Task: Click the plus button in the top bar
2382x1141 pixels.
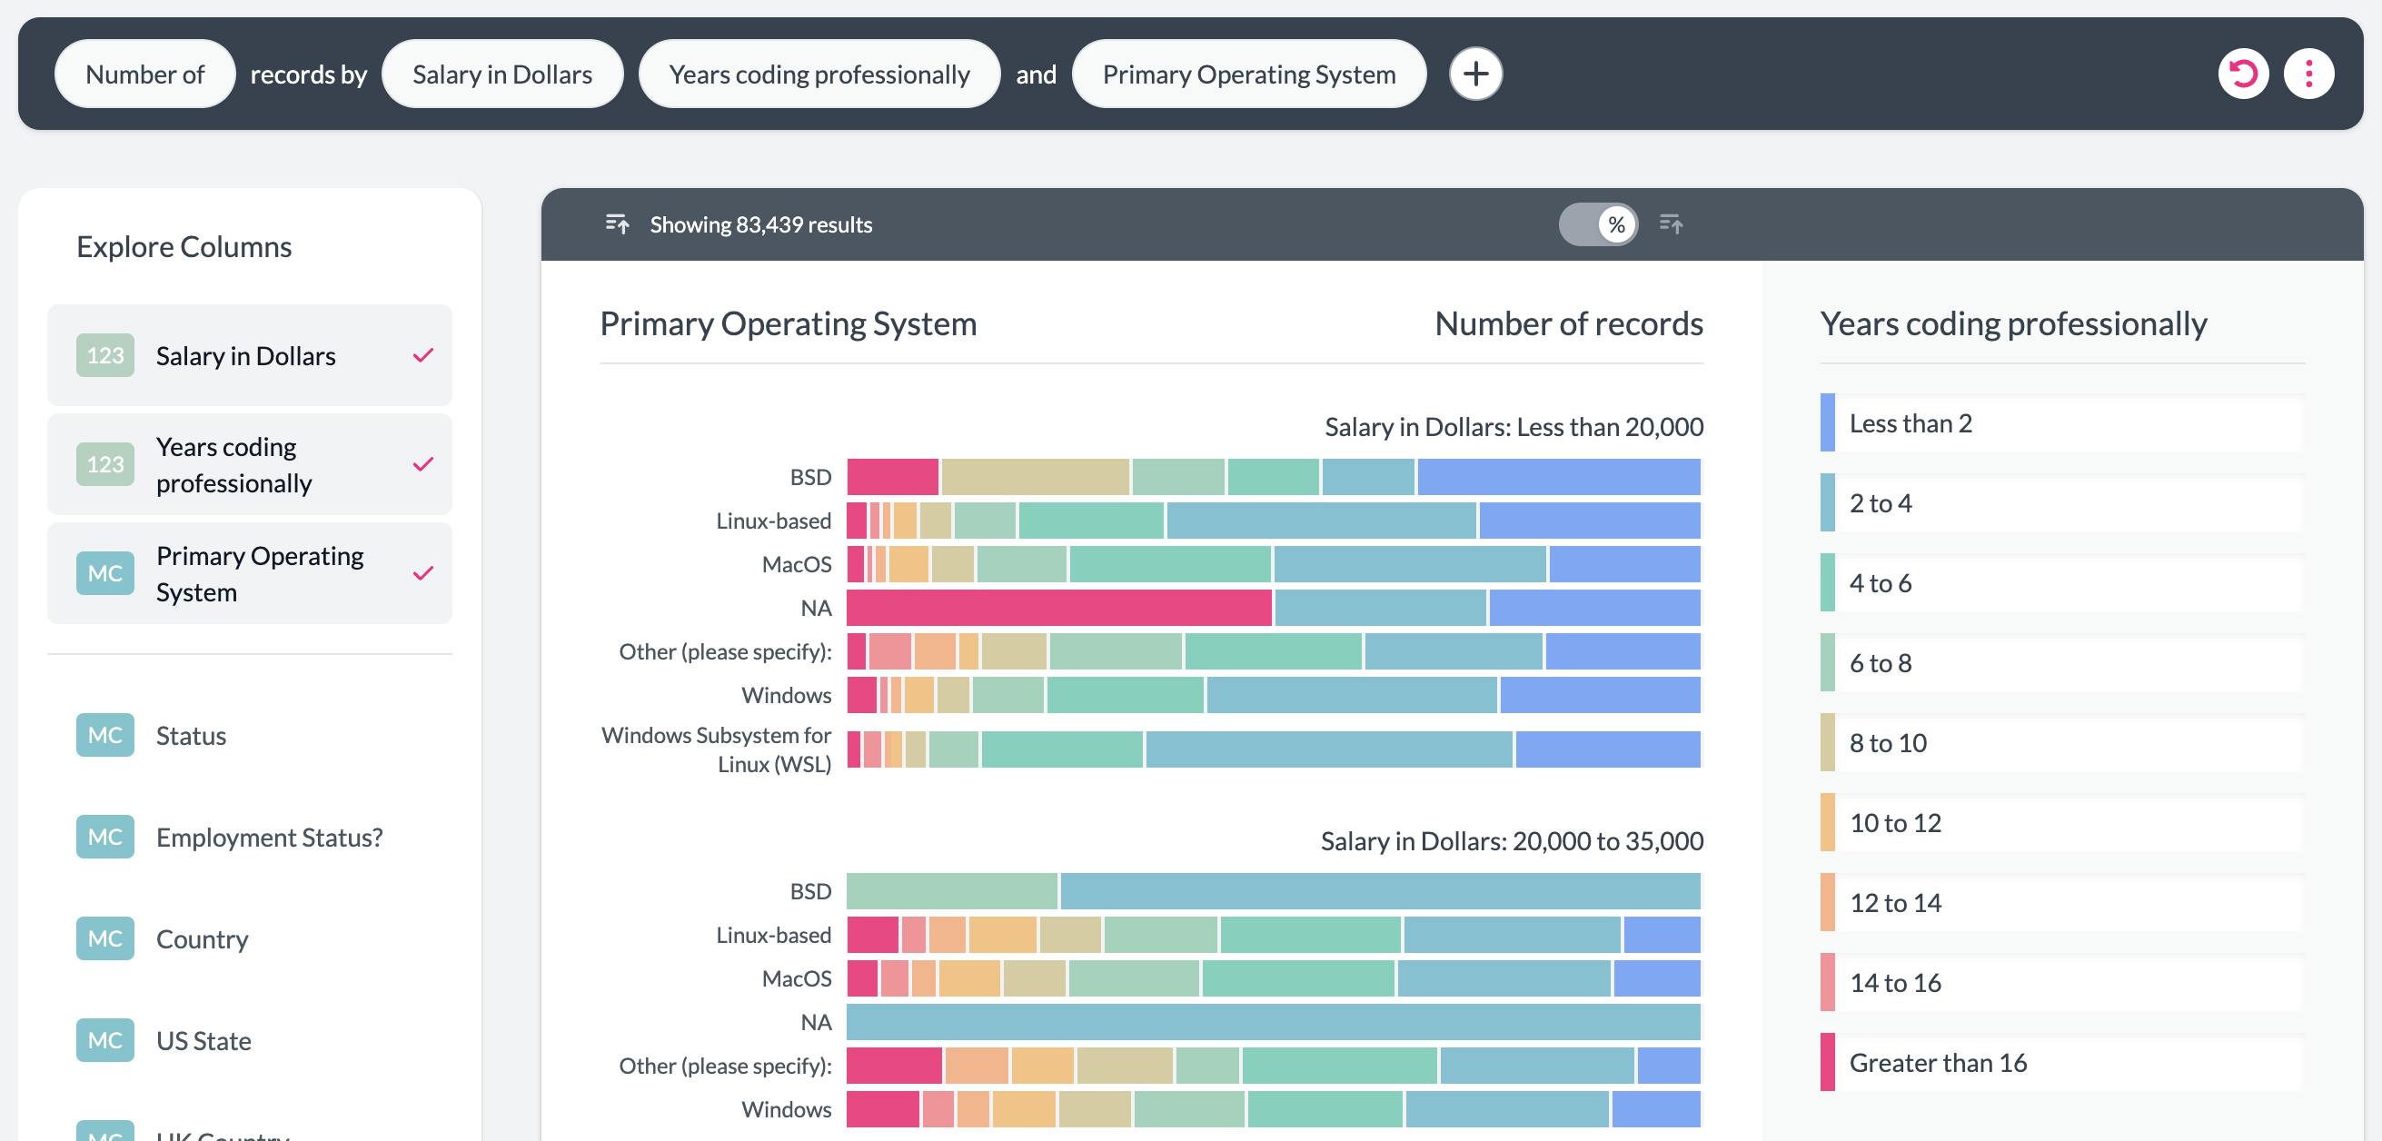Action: tap(1474, 73)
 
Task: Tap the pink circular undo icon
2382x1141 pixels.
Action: tap(2242, 73)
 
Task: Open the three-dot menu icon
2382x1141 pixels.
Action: tap(2308, 73)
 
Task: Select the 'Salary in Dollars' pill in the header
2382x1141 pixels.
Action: tap(502, 74)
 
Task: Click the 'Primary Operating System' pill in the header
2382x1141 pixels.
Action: tap(1248, 74)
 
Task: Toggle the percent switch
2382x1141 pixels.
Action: tap(1599, 223)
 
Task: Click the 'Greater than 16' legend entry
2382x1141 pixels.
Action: tap(1937, 1062)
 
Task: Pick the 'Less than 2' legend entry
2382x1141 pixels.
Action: tap(1910, 423)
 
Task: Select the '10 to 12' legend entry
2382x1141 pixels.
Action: tap(1895, 823)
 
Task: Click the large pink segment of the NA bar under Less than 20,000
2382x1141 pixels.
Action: tap(1058, 608)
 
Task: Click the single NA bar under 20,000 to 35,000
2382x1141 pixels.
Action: tap(1274, 1022)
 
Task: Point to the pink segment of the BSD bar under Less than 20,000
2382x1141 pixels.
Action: tap(892, 477)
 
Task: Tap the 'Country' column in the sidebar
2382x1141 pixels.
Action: tap(202, 938)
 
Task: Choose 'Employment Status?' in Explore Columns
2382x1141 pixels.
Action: tap(268, 837)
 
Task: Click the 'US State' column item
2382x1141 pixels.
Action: tap(203, 1040)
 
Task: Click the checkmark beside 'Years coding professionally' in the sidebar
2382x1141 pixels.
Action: tap(422, 464)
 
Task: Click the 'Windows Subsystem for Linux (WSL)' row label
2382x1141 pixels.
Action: tap(717, 749)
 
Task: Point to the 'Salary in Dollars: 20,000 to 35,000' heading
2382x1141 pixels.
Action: tap(1511, 840)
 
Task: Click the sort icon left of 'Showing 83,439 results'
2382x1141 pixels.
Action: tap(617, 223)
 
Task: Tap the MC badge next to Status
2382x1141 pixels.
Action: tap(104, 735)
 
